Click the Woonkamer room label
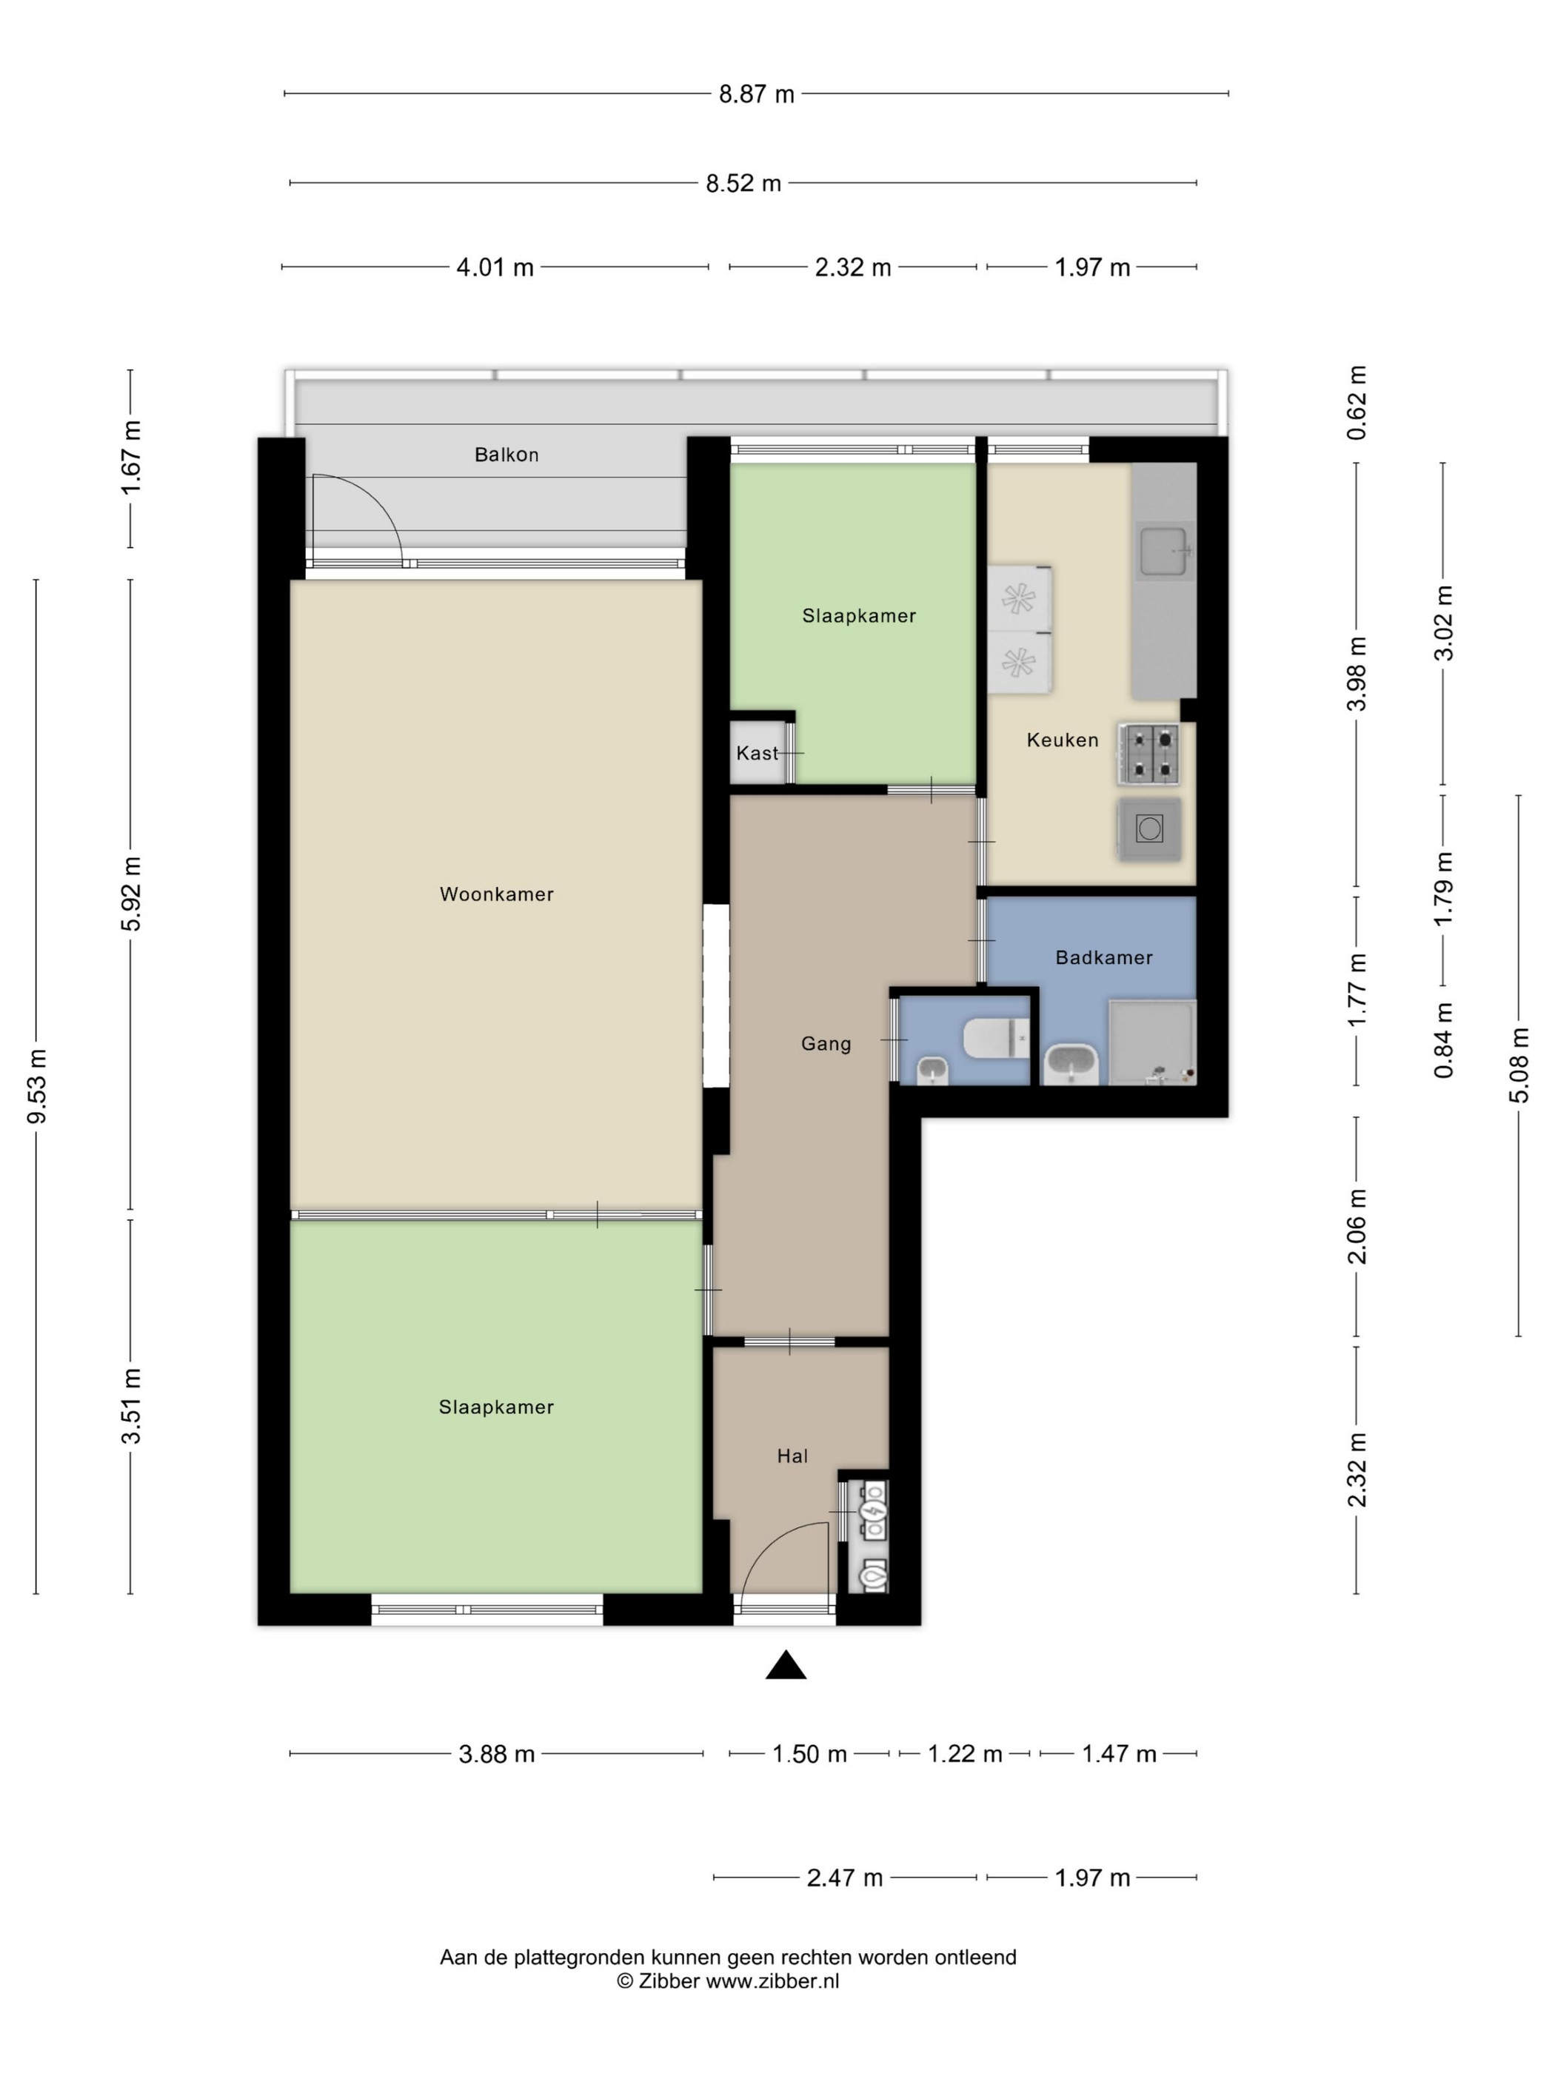(x=496, y=894)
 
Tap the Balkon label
(x=506, y=455)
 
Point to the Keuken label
(x=1062, y=740)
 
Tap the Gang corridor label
(x=826, y=1043)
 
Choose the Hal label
(x=792, y=1456)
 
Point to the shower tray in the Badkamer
(x=1152, y=1042)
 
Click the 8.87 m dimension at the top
(x=757, y=94)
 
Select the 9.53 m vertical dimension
(x=36, y=1086)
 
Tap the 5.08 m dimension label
(x=1519, y=1065)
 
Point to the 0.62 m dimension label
(x=1357, y=402)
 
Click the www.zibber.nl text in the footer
(x=772, y=1981)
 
